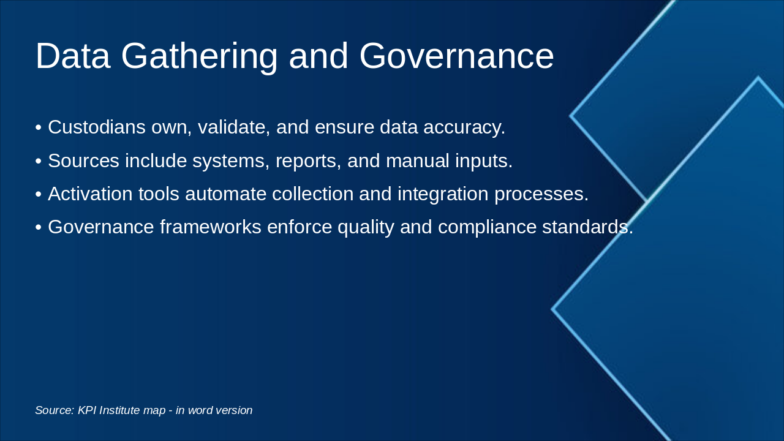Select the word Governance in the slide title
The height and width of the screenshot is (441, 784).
pyautogui.click(x=456, y=56)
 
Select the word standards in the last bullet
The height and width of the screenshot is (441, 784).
pyautogui.click(x=587, y=227)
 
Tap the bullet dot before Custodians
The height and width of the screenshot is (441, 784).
pyautogui.click(x=39, y=128)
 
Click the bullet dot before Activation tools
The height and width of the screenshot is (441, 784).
pyautogui.click(x=39, y=194)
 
